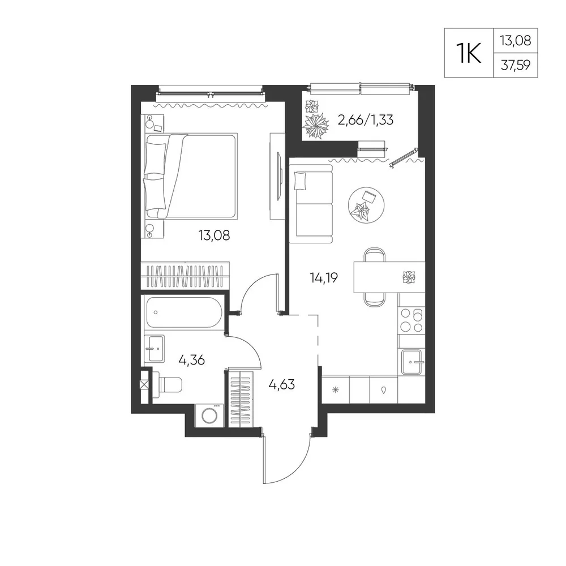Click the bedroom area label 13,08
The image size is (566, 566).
pyautogui.click(x=214, y=235)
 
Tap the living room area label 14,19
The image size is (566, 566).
pyautogui.click(x=324, y=277)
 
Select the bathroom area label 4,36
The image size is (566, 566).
pyautogui.click(x=192, y=360)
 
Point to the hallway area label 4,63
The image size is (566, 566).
pyautogui.click(x=281, y=384)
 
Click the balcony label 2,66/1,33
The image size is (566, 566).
pyautogui.click(x=365, y=119)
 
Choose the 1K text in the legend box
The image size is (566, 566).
pyautogui.click(x=469, y=53)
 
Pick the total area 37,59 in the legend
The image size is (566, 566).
pyautogui.click(x=516, y=66)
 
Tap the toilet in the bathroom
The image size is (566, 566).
pyautogui.click(x=167, y=384)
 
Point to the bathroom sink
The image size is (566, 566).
pyautogui.click(x=155, y=349)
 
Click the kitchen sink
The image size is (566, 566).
pyautogui.click(x=411, y=362)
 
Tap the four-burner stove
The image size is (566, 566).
pyautogui.click(x=411, y=320)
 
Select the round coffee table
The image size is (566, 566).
pyautogui.click(x=366, y=205)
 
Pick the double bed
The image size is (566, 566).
pyautogui.click(x=191, y=176)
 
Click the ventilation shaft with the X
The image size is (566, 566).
pyautogui.click(x=144, y=385)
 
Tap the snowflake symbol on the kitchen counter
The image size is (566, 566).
pyautogui.click(x=336, y=390)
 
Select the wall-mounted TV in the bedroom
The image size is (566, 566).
pyautogui.click(x=278, y=176)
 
